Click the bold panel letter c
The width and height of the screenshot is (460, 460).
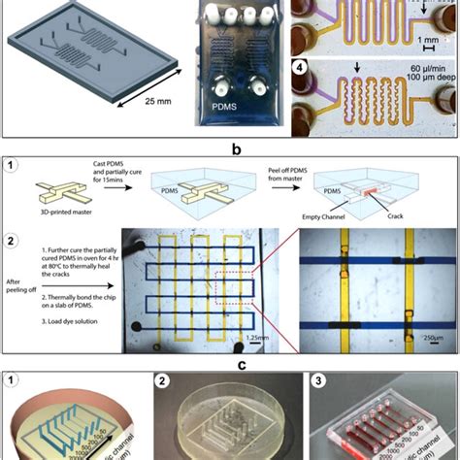(229, 366)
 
